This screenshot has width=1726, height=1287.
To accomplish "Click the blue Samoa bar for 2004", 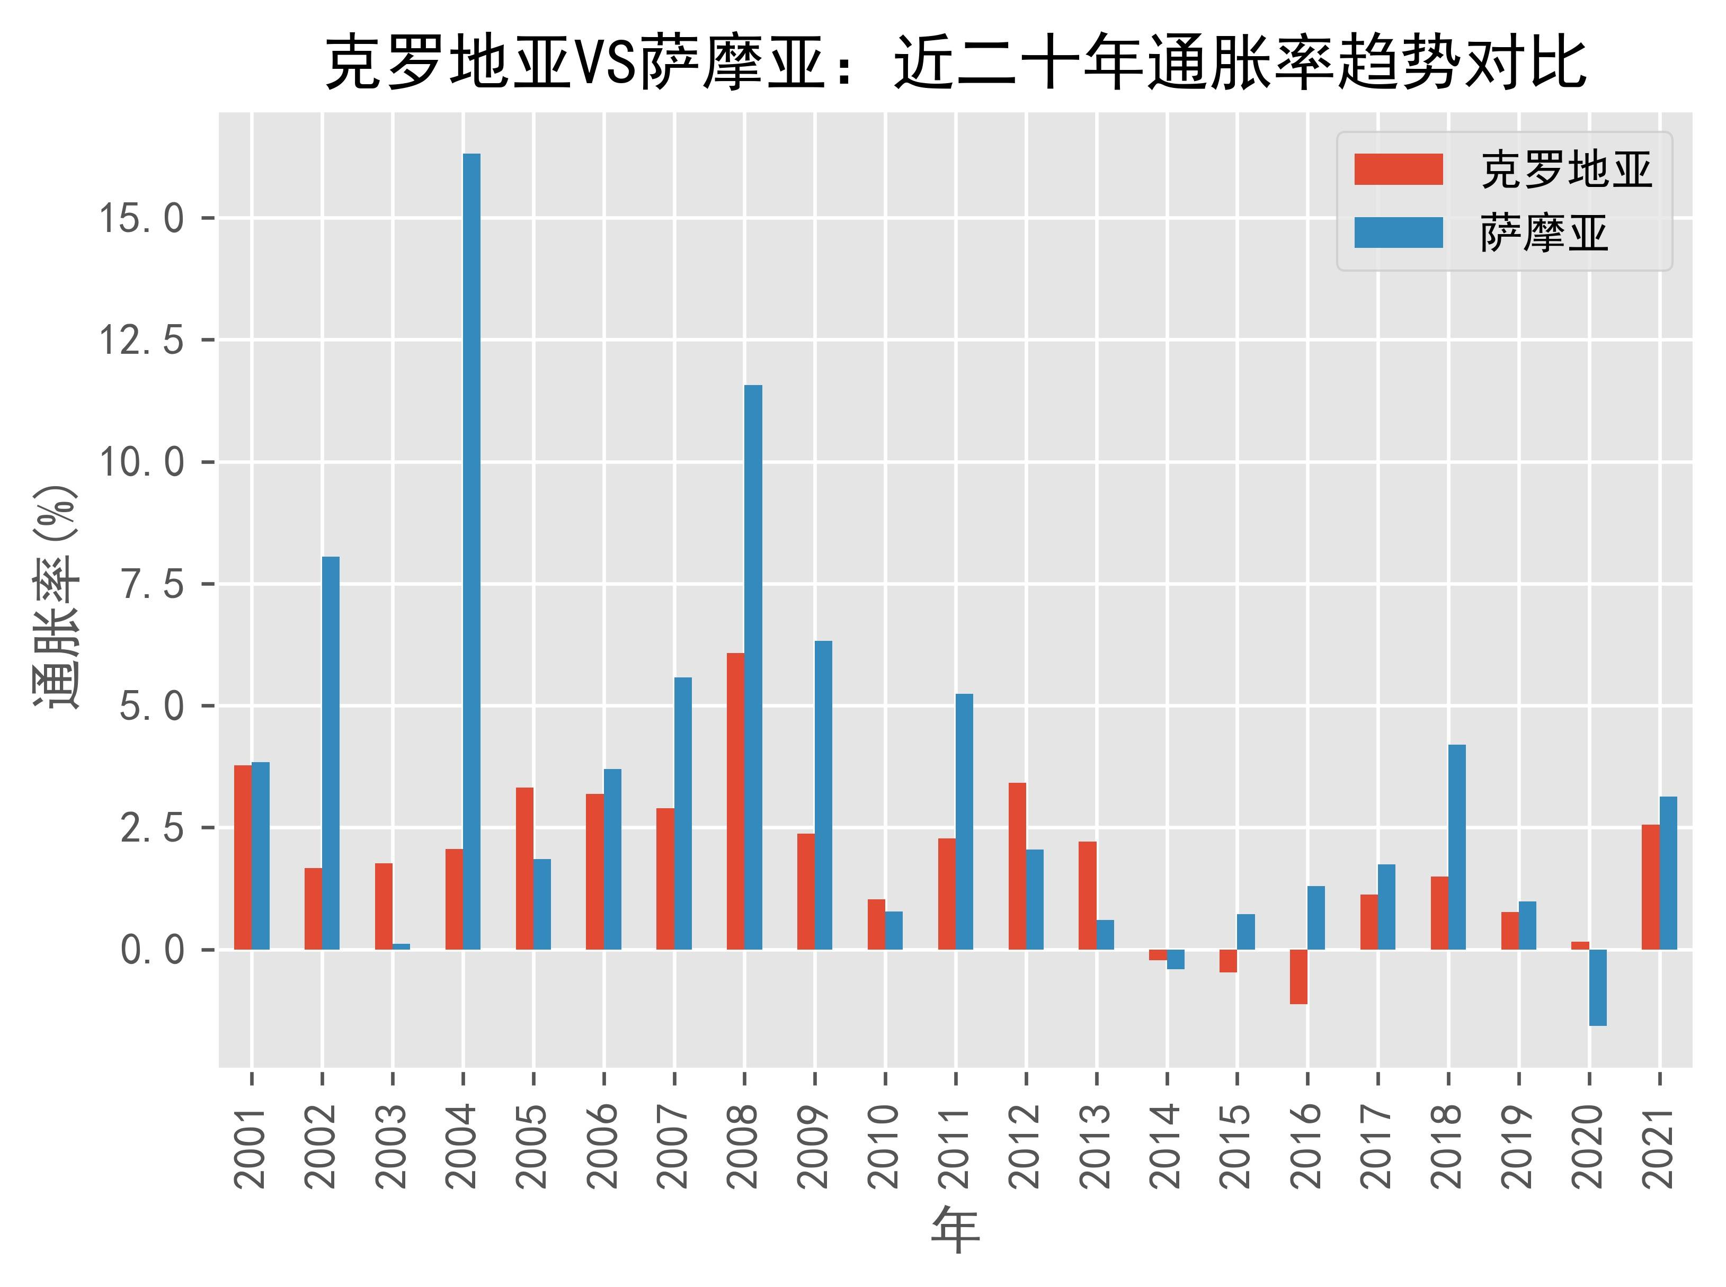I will pyautogui.click(x=471, y=551).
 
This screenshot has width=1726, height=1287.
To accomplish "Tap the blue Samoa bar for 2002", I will pyautogui.click(x=331, y=753).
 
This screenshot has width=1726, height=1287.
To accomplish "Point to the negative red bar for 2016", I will pyautogui.click(x=1298, y=976).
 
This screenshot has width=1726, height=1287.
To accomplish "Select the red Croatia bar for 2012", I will pyautogui.click(x=1017, y=865).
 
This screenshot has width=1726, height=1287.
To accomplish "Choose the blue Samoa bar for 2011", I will pyautogui.click(x=964, y=821).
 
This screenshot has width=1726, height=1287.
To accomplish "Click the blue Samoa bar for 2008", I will pyautogui.click(x=753, y=667).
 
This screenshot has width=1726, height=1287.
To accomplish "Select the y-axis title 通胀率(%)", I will pyautogui.click(x=56, y=596).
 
